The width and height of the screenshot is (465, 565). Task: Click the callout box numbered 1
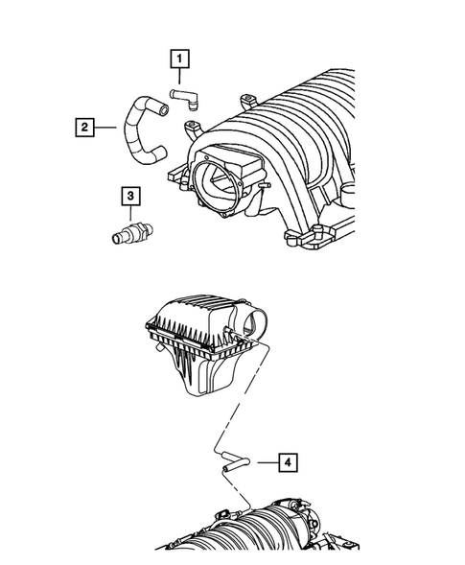coord(178,59)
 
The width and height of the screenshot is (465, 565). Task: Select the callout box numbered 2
coord(85,125)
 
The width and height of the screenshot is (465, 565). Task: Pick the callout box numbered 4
coord(288,461)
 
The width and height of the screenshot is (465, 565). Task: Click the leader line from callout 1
coord(178,77)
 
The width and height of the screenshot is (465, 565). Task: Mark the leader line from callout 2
coord(107,125)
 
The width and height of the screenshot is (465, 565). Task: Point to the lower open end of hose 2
coord(159,151)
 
